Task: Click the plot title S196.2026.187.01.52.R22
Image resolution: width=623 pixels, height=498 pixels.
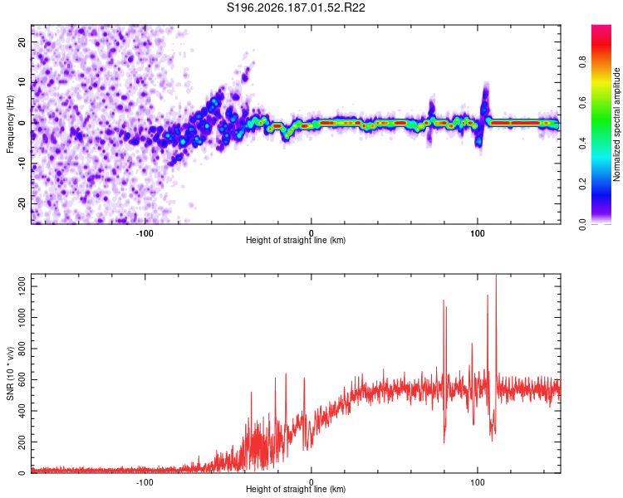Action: tap(296, 7)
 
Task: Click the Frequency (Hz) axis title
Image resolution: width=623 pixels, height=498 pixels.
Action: tap(10, 124)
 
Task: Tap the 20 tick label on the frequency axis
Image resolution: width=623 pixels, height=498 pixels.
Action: tap(22, 42)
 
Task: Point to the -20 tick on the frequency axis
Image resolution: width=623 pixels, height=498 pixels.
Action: tap(22, 203)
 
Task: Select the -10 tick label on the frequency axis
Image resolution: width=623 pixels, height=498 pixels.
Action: tap(22, 163)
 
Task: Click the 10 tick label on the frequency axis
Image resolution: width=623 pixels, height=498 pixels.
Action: tap(22, 83)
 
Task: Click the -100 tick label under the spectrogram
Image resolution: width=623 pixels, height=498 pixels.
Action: tap(145, 233)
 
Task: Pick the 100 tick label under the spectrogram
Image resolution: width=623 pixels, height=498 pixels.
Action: tap(477, 233)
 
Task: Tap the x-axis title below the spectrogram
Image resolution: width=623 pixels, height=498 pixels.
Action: tap(296, 240)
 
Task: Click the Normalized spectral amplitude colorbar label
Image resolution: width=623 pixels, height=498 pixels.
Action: tap(616, 124)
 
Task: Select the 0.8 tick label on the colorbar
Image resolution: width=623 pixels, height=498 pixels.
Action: tap(582, 62)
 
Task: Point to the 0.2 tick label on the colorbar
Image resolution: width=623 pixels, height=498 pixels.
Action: tap(582, 183)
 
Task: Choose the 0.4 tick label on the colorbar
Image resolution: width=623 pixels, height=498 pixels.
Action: tap(582, 143)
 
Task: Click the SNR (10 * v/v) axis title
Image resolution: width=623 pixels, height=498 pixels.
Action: tap(10, 373)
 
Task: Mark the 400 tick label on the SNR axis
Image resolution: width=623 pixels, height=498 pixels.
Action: tap(22, 411)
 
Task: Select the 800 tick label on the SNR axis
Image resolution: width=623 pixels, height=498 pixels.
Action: tap(22, 349)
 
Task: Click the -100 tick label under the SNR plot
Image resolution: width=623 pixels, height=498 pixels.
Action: tap(145, 482)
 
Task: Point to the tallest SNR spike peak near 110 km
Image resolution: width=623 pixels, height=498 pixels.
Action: tap(496, 276)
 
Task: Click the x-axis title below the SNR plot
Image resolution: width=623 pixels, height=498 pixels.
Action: tap(296, 489)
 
